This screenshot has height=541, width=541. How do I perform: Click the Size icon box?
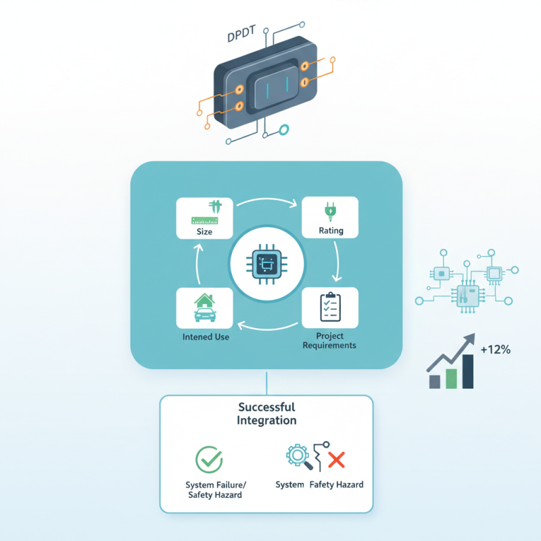click(204, 218)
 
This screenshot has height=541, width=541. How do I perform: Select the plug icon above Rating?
click(331, 212)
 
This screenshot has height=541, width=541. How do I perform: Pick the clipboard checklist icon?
click(331, 307)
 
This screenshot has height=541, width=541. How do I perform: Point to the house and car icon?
click(204, 308)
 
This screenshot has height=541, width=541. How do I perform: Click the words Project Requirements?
click(330, 341)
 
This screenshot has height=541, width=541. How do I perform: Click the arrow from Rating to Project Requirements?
click(336, 263)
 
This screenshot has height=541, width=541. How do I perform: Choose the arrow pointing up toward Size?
click(197, 262)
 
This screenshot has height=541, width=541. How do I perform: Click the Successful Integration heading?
click(266, 414)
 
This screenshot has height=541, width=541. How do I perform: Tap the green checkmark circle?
click(209, 458)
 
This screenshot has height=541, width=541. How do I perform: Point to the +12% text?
click(495, 350)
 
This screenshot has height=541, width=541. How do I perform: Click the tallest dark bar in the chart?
click(467, 372)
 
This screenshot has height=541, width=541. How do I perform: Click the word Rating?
click(331, 231)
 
